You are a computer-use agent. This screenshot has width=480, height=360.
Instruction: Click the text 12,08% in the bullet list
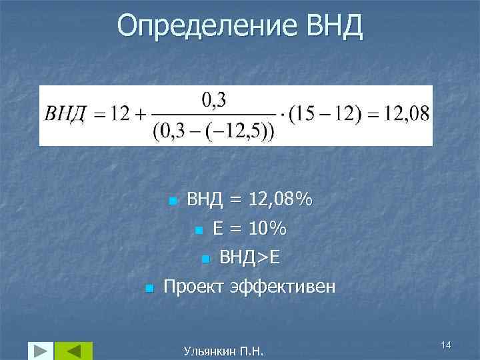[x=279, y=199]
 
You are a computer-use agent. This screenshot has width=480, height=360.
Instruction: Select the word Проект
[x=194, y=287]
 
